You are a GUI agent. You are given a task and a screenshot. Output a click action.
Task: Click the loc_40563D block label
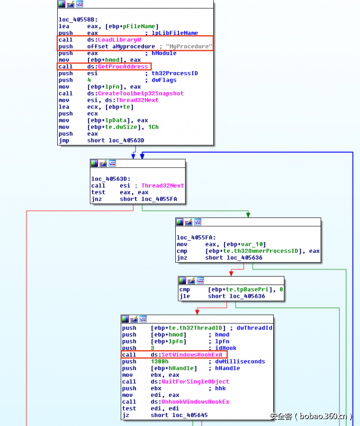(x=110, y=179)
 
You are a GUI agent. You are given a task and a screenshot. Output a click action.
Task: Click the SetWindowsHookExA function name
(x=192, y=354)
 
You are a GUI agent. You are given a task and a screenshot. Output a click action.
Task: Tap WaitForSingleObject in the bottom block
(x=190, y=381)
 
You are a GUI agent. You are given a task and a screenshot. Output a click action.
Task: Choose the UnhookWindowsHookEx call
(x=190, y=402)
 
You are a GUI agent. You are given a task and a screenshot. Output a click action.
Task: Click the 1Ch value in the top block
(x=154, y=127)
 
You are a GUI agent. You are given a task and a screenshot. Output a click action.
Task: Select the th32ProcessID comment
(x=175, y=73)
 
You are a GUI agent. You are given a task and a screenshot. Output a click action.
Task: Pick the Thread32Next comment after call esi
(x=163, y=186)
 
